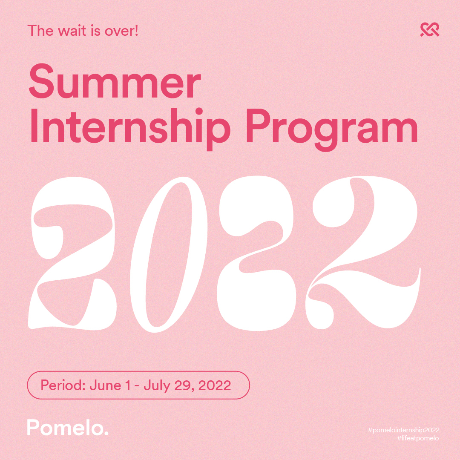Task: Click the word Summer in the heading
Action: point(115,81)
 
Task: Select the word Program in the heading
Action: point(332,130)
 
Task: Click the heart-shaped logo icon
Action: point(430,30)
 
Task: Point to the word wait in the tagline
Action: point(72,31)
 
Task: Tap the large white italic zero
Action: point(169,254)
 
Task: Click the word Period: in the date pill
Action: point(63,385)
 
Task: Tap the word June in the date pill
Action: point(105,385)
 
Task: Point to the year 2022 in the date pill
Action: point(215,385)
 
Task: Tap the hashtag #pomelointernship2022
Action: point(403,430)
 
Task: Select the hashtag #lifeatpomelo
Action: point(418,438)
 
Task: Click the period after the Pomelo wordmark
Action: point(106,433)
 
